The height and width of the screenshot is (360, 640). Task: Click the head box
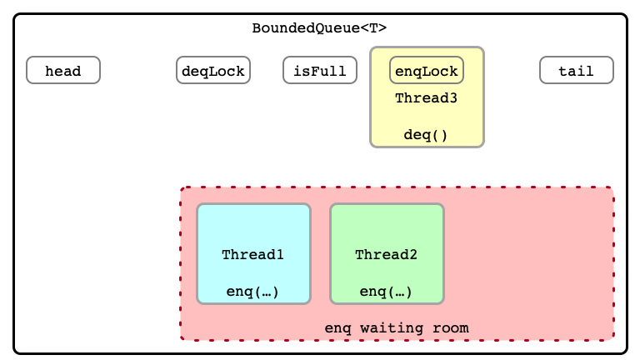click(63, 70)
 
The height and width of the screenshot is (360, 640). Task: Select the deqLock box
click(213, 70)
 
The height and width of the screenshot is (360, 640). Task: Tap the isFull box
click(320, 70)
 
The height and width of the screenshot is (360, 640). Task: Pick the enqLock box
click(427, 70)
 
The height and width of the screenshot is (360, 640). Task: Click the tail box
click(577, 70)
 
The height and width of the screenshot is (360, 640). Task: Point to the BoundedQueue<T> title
click(319, 28)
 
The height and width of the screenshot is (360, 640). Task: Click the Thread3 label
click(426, 98)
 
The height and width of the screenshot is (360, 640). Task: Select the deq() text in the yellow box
click(426, 135)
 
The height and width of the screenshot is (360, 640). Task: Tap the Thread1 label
click(252, 255)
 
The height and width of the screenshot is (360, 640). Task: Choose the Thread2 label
click(386, 255)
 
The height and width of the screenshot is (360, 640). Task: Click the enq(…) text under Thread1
click(252, 292)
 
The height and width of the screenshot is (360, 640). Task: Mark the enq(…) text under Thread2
click(386, 292)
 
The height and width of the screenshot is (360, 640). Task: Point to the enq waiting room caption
click(397, 328)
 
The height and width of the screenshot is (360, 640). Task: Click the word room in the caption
click(451, 328)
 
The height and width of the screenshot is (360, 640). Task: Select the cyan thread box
click(254, 254)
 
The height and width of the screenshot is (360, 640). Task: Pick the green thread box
click(387, 254)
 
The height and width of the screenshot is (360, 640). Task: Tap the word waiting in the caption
click(392, 328)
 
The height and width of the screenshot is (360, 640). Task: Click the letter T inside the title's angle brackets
click(373, 28)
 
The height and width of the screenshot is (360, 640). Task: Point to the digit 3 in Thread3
click(453, 98)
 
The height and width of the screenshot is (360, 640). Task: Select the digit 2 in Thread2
click(413, 255)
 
